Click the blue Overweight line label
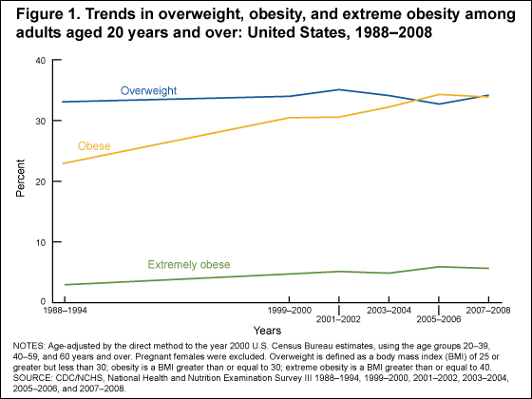(149, 90)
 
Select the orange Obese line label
(95, 146)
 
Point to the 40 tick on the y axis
(39, 60)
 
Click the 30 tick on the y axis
(39, 121)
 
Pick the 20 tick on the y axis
(39, 181)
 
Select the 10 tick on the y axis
(39, 242)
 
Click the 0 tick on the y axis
(42, 302)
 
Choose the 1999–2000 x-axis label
(290, 311)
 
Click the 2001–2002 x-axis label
(339, 321)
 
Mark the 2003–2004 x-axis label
(389, 311)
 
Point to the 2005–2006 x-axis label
(438, 321)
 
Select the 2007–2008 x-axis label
(487, 311)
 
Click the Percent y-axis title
(22, 180)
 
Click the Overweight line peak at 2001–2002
(339, 89)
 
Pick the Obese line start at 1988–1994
(63, 163)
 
